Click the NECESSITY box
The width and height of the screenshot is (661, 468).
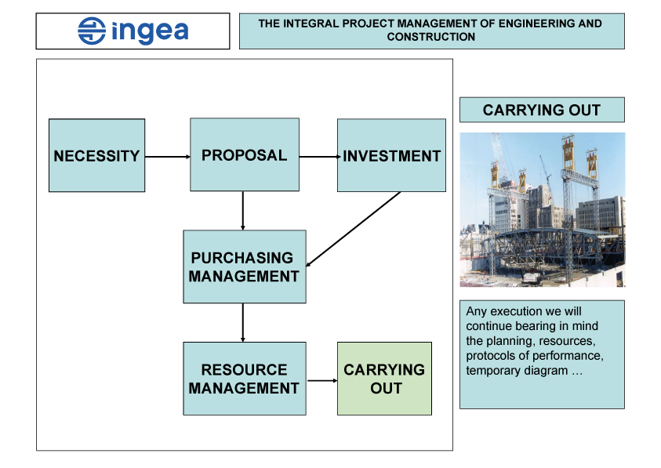tap(96, 155)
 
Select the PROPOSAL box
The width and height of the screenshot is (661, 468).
tap(244, 154)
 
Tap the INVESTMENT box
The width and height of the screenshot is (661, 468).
tap(391, 155)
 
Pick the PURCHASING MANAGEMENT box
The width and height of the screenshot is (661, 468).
tap(244, 267)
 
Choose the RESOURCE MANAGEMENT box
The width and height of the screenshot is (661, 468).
tap(244, 379)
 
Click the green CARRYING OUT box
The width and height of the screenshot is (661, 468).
tap(384, 379)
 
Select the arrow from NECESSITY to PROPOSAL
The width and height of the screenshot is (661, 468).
tap(167, 157)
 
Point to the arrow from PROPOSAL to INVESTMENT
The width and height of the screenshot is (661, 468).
tap(318, 157)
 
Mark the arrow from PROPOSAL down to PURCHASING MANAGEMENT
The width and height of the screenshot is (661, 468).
tap(243, 210)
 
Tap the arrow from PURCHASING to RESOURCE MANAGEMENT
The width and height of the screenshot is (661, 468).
tap(243, 322)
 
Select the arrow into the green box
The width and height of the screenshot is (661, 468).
tap(321, 382)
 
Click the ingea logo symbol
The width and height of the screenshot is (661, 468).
tap(92, 31)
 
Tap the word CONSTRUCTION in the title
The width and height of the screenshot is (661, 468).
tap(430, 37)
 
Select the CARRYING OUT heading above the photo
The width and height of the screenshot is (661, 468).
tap(542, 111)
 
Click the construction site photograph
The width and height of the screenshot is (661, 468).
tap(542, 209)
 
